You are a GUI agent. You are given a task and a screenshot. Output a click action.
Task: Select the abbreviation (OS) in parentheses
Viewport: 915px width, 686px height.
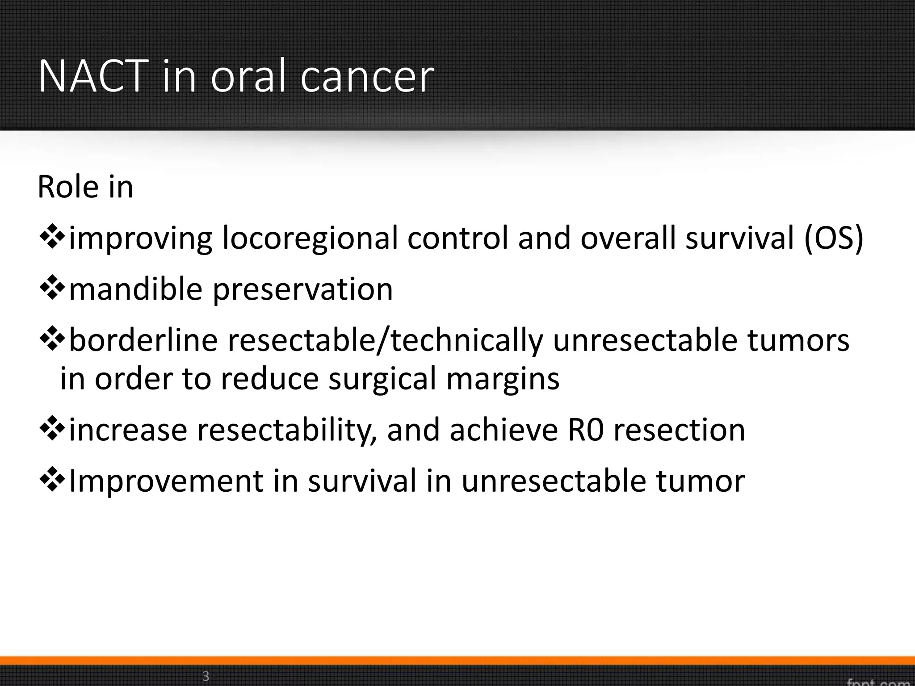[x=834, y=238]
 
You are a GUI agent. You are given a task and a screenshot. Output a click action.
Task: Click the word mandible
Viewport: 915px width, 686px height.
[x=136, y=289]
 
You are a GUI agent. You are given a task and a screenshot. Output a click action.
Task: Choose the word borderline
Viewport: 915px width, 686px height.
[x=143, y=340]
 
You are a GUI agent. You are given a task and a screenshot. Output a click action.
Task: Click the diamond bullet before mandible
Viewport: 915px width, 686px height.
[x=53, y=289]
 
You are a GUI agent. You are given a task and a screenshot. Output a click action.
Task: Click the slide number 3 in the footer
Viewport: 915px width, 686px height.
[x=206, y=676]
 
